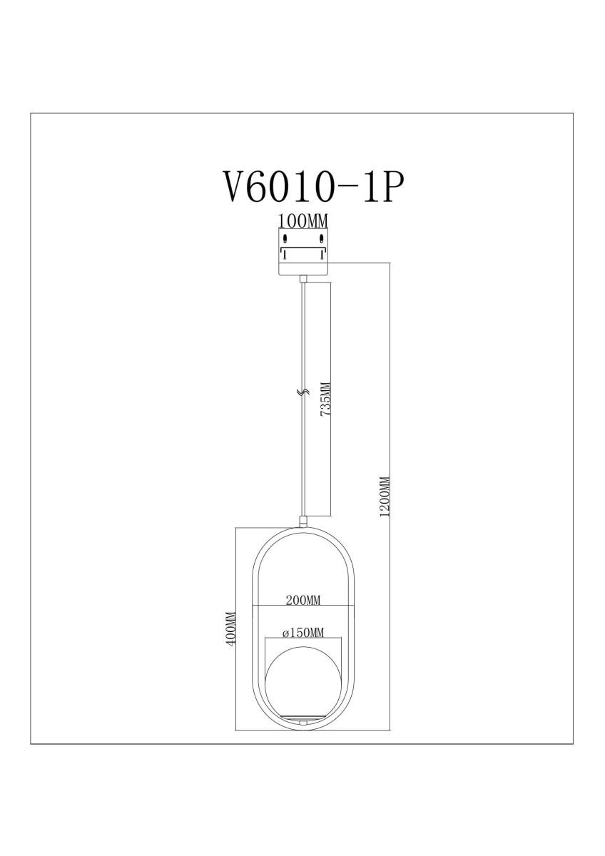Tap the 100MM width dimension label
click(303, 221)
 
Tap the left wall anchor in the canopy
click(285, 240)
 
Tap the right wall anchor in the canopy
click(322, 240)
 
